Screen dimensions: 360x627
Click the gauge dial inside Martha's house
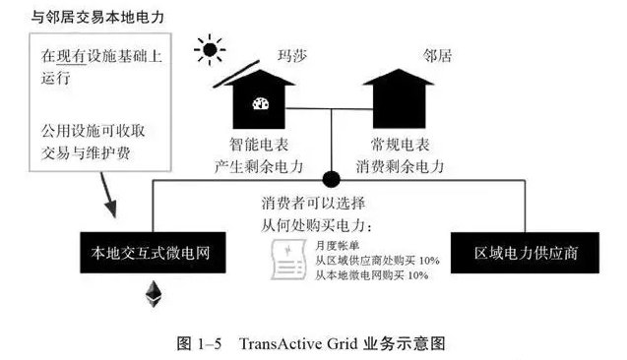pos(262,103)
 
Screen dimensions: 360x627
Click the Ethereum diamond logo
pos(154,291)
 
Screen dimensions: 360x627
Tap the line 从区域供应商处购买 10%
pos(376,261)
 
